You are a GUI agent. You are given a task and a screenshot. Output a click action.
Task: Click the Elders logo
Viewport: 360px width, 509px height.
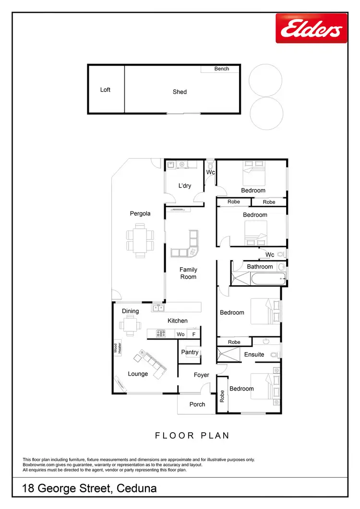point(311,28)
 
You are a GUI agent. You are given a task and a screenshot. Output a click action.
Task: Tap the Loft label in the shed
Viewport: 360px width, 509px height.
point(105,90)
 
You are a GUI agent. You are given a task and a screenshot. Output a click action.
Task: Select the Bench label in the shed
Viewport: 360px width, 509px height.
point(221,69)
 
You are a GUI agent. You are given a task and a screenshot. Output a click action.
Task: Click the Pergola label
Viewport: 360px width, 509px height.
point(140,213)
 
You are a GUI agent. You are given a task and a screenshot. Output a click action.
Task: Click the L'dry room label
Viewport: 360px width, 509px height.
point(185,186)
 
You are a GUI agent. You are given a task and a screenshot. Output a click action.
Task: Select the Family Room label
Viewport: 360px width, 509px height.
point(188,273)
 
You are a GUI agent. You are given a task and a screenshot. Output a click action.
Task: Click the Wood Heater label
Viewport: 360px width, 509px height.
point(115,349)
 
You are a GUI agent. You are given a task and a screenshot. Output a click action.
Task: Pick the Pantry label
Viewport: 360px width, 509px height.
point(190,352)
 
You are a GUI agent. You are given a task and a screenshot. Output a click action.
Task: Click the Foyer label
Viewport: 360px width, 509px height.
point(202,375)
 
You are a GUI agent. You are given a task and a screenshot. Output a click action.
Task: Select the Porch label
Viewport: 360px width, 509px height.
point(197,404)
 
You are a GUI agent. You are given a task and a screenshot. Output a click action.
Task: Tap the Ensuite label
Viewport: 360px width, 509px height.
point(254,355)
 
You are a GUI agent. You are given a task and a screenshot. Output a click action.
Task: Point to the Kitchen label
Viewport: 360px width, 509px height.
point(178,320)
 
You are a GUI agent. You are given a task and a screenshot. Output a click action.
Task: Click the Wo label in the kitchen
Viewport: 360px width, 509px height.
point(180,334)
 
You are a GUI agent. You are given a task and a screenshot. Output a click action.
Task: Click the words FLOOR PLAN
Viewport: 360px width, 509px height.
point(192,436)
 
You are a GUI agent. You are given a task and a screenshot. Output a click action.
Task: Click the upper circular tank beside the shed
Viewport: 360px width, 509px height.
point(265,80)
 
